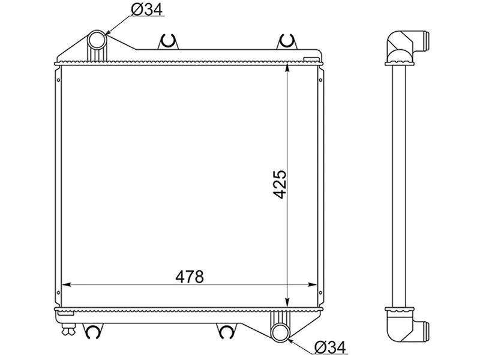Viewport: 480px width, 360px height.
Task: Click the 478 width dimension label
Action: pyautogui.click(x=189, y=277)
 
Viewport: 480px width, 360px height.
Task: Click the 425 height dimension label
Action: pyautogui.click(x=280, y=184)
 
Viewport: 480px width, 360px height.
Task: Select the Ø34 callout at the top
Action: pyautogui.click(x=146, y=10)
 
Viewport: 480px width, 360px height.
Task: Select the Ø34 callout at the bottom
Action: pyautogui.click(x=331, y=348)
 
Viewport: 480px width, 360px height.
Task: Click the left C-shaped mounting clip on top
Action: pyautogui.click(x=168, y=41)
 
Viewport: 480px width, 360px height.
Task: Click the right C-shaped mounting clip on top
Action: pyautogui.click(x=287, y=41)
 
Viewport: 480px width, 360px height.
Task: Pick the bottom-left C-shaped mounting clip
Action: pyautogui.click(x=92, y=331)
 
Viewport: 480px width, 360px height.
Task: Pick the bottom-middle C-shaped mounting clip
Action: pyautogui.click(x=226, y=331)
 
